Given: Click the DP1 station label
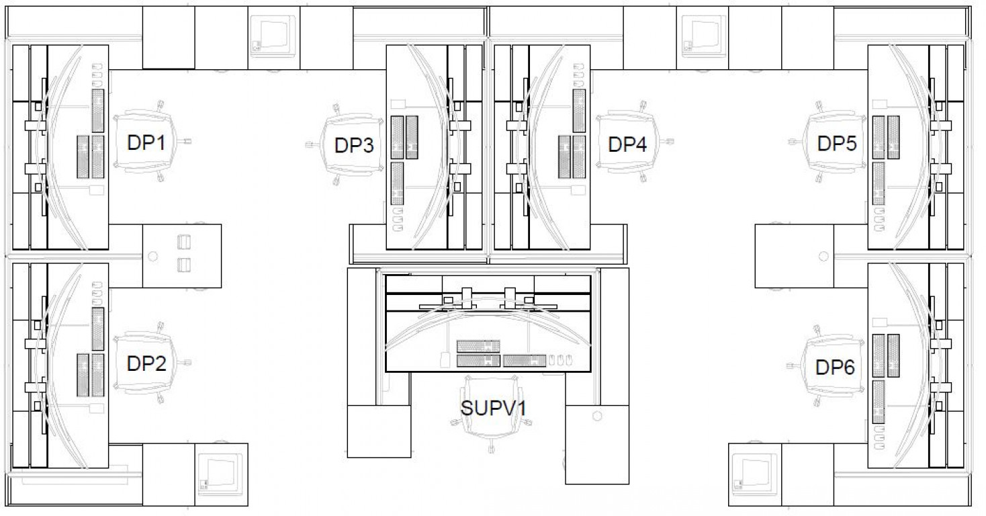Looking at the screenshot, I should click(142, 142).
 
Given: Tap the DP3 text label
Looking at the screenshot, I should click(354, 145).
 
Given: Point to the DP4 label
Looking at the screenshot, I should click(627, 144).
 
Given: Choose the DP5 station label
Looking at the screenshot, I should click(836, 143).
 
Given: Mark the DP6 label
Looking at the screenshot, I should click(835, 368).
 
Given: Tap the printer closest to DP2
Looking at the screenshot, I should click(221, 474).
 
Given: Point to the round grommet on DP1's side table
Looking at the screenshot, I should click(152, 256).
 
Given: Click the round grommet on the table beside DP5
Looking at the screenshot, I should click(824, 256).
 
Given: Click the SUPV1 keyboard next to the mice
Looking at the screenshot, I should click(525, 361).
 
